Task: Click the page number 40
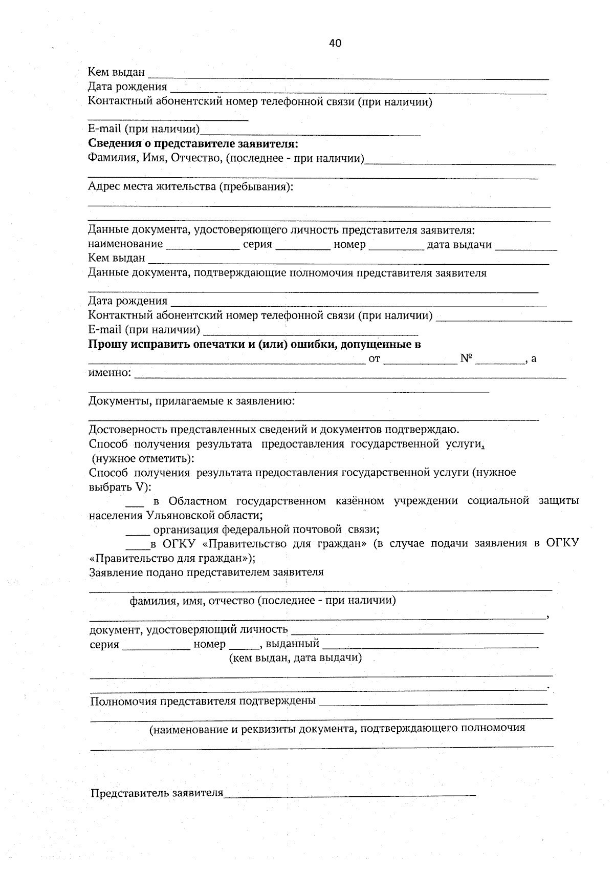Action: tap(335, 44)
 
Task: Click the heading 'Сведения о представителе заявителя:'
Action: tap(193, 144)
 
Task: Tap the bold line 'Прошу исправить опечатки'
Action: tap(254, 345)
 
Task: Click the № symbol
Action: tap(466, 358)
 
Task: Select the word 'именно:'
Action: tap(109, 373)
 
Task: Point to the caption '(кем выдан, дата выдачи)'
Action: tap(295, 658)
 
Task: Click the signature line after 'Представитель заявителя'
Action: tap(350, 794)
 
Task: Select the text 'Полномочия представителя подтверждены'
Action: tap(203, 701)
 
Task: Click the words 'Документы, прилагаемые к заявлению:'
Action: tap(191, 401)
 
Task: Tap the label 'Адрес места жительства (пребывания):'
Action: tap(190, 186)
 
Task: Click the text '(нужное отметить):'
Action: tap(143, 458)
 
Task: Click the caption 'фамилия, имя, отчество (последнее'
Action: tap(262, 601)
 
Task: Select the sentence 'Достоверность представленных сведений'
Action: tap(274, 429)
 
